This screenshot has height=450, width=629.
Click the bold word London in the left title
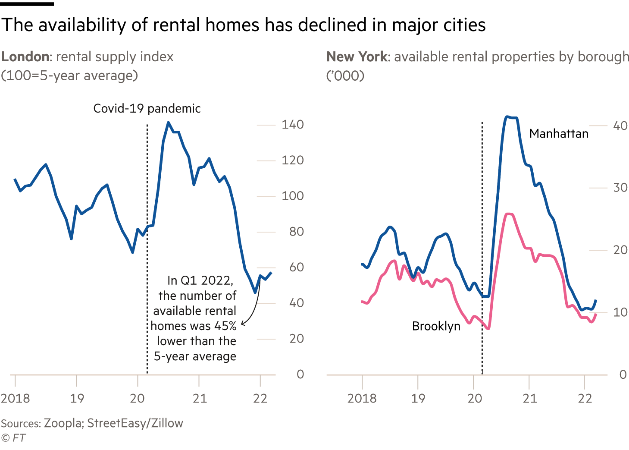pyautogui.click(x=25, y=57)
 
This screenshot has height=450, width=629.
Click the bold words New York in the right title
pyautogui.click(x=357, y=57)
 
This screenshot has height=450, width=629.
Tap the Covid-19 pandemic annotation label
pyautogui.click(x=147, y=109)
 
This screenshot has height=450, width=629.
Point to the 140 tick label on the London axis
pyautogui.click(x=292, y=125)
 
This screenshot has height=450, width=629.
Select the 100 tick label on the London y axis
pyautogui.click(x=292, y=196)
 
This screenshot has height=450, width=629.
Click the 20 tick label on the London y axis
pyautogui.click(x=297, y=339)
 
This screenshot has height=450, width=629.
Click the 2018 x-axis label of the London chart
pyautogui.click(x=15, y=398)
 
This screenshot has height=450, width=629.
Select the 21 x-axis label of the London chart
pyautogui.click(x=200, y=398)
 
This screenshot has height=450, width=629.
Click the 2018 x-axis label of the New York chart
pyautogui.click(x=362, y=398)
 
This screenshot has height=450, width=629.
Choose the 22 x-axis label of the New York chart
pyautogui.click(x=585, y=398)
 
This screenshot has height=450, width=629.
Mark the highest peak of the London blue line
pyautogui.click(x=168, y=122)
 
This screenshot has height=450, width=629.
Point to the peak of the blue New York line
pyautogui.click(x=507, y=116)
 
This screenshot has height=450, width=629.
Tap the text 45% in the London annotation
pyautogui.click(x=225, y=326)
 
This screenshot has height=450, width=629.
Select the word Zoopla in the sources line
pyautogui.click(x=63, y=423)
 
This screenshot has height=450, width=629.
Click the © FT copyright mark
pyautogui.click(x=13, y=438)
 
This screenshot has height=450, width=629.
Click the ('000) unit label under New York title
pyautogui.click(x=345, y=76)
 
